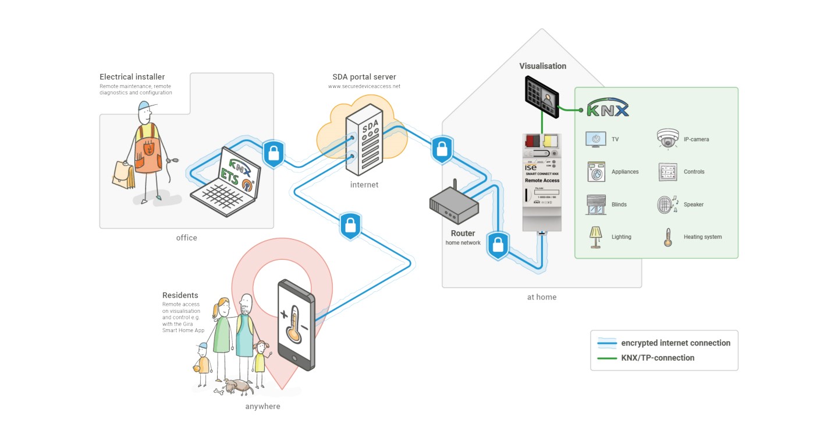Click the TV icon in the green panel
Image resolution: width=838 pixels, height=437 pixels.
[595, 139]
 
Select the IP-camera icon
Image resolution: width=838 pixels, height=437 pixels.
[667, 139]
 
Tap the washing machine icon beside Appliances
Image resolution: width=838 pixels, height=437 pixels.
[596, 172]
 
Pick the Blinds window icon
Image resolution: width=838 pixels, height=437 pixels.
[596, 205]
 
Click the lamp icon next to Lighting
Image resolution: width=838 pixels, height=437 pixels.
[595, 237]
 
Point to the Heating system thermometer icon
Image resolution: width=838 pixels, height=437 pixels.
[667, 237]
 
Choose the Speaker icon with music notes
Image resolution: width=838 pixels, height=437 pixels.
[667, 205]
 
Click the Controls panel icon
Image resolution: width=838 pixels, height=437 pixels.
[667, 172]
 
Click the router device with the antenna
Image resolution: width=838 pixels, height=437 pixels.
[454, 205]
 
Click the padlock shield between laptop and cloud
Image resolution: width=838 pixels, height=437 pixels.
[273, 154]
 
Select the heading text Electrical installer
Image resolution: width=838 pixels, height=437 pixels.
[132, 77]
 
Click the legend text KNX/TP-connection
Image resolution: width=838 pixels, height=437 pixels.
[658, 358]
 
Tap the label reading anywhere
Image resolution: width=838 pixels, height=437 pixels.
[262, 406]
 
